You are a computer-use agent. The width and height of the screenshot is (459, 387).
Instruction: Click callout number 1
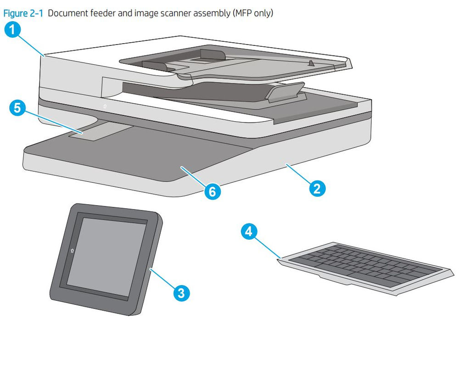tap(13, 30)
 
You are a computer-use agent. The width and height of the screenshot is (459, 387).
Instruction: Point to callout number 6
tap(212, 191)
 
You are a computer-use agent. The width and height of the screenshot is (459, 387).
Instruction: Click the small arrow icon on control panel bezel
tap(72, 251)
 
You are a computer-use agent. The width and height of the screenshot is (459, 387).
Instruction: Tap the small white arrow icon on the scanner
tap(105, 106)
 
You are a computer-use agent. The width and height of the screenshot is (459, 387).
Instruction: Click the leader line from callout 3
tap(162, 280)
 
